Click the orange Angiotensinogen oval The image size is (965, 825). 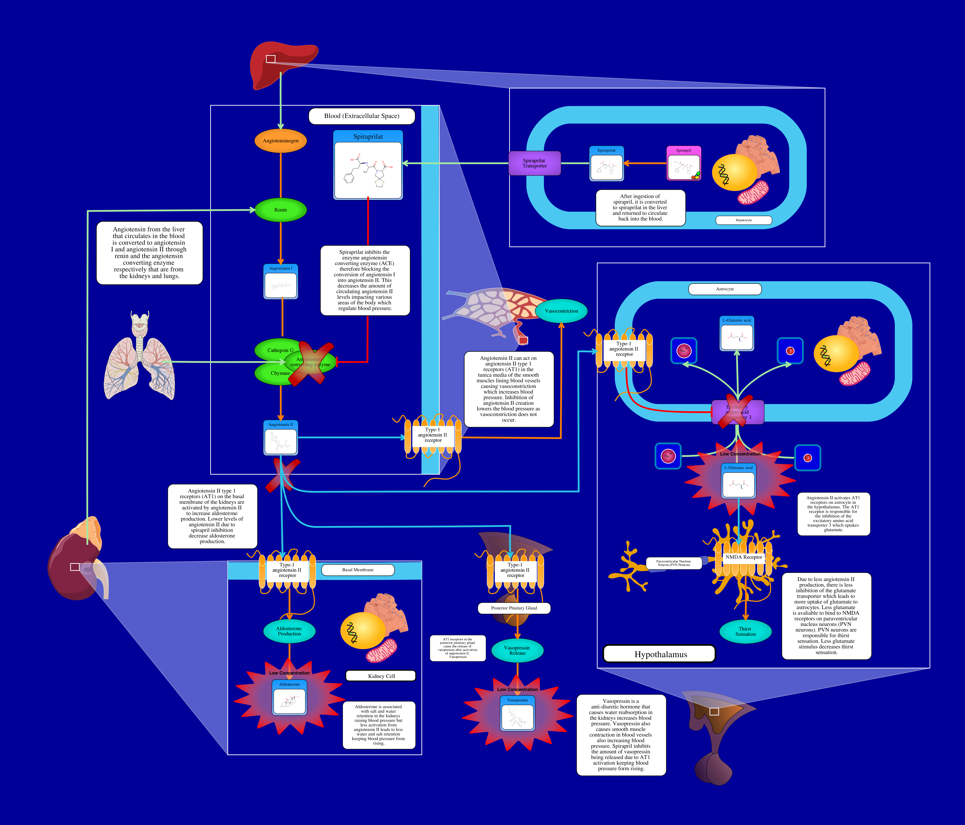tap(280, 141)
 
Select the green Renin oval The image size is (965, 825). tap(280, 210)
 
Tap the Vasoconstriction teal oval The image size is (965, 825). tap(561, 311)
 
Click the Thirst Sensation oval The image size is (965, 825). tap(745, 632)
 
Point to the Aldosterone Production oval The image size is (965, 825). tap(289, 631)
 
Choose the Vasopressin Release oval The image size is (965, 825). tap(517, 650)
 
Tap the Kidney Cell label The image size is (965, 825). tap(381, 676)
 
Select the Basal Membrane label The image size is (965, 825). tap(358, 570)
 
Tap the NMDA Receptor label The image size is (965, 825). tap(744, 557)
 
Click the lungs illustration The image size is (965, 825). tap(140, 359)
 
